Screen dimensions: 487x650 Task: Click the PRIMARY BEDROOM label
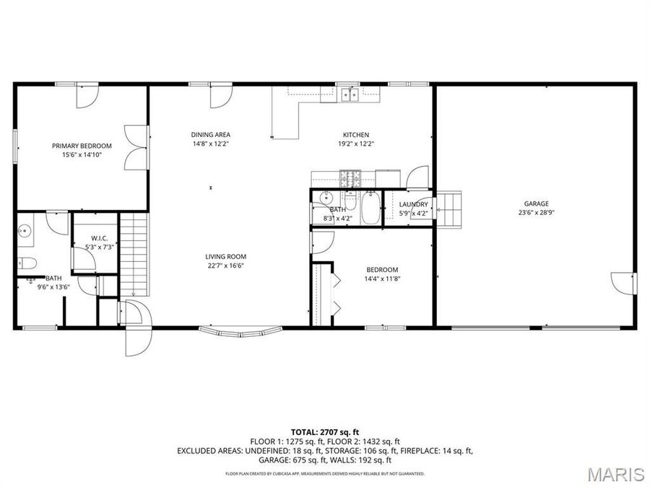click(x=82, y=146)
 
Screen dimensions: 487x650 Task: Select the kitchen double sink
click(x=350, y=94)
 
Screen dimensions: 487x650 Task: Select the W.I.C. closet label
click(x=99, y=238)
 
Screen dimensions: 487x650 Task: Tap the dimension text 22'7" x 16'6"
click(x=226, y=266)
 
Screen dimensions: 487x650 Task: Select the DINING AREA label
click(x=211, y=135)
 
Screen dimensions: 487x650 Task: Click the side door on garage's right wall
click(x=623, y=283)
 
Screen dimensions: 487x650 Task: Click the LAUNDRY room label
click(x=413, y=204)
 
